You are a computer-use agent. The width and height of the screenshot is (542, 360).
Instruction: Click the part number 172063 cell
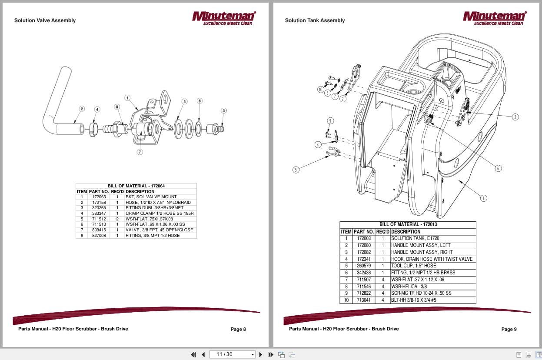(x=99, y=197)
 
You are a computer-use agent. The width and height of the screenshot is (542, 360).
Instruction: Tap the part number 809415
(x=99, y=230)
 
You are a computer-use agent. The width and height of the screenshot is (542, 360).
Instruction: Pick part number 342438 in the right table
(x=363, y=273)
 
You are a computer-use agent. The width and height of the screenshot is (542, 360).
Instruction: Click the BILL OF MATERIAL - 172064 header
(x=136, y=186)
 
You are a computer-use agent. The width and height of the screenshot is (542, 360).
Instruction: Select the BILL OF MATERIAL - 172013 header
(x=408, y=225)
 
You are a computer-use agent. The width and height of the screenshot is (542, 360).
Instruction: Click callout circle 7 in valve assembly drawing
(x=140, y=152)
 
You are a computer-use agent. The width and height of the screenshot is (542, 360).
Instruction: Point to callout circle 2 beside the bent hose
(x=82, y=109)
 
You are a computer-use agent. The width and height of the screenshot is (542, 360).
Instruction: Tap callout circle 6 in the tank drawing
(x=498, y=168)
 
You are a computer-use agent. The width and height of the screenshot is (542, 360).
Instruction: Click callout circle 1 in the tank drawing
(x=483, y=198)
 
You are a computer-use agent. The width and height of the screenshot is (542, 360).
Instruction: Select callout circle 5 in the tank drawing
(x=296, y=170)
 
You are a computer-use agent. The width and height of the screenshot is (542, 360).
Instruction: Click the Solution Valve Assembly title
(x=45, y=20)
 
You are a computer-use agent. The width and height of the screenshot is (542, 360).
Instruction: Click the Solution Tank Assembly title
(x=315, y=20)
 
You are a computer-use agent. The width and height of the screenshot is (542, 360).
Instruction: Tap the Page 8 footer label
(x=238, y=329)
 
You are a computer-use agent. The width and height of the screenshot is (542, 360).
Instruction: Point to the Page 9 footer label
(x=509, y=329)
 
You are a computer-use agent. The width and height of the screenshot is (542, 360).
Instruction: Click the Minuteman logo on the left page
(x=224, y=18)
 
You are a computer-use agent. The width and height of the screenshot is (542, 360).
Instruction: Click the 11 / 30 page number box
(x=232, y=354)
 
